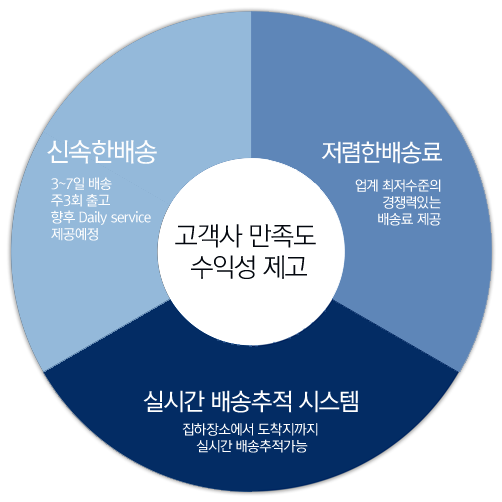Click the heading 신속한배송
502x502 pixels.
102,152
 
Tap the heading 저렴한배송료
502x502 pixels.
382,152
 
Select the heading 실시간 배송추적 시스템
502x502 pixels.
251,401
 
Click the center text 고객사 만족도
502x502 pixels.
245,236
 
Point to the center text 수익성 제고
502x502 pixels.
248,267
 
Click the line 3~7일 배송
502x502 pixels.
81,184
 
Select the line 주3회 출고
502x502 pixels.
80,200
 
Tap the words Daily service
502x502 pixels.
115,218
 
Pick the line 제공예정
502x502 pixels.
75,234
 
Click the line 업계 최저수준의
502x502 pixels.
398,185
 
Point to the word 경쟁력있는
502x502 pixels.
412,202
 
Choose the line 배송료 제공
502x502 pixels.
409,219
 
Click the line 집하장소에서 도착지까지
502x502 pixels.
250,429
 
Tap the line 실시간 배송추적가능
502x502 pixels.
252,446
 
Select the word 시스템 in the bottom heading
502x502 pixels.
329,401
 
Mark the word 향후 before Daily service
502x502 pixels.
63,218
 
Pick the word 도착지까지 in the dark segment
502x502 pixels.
288,429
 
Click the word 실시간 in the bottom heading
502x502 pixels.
174,401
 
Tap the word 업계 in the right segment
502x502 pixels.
367,185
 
